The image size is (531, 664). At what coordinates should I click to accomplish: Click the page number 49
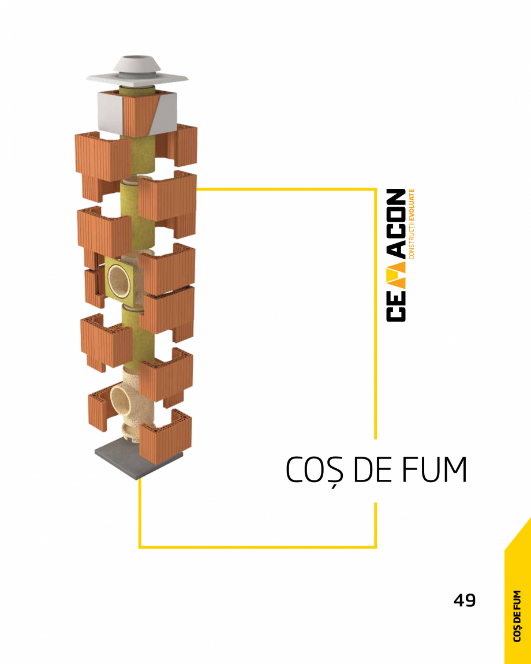click(465, 600)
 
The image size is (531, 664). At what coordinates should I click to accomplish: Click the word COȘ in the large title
click(315, 471)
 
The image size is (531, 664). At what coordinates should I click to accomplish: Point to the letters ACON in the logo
click(396, 222)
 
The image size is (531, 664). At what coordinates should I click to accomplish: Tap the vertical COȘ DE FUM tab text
click(518, 615)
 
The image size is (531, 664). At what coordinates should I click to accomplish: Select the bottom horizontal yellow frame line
click(257, 546)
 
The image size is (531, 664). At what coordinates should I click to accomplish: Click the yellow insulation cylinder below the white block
click(141, 153)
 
